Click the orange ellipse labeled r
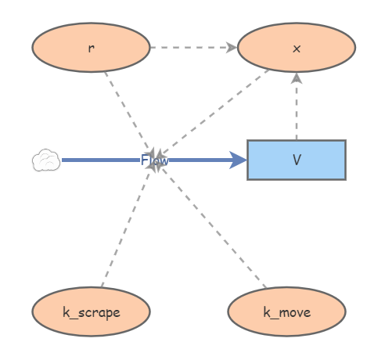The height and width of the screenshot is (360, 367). tap(91, 48)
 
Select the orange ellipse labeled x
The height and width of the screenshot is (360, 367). tap(297, 48)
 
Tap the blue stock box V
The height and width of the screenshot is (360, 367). tap(297, 160)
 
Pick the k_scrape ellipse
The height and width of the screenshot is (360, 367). tap(91, 311)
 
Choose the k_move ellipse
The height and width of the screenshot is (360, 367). tap(287, 311)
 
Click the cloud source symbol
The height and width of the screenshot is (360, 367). tap(46, 160)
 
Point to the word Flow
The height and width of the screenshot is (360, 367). tap(154, 160)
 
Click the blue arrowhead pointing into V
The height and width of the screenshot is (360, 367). tap(238, 160)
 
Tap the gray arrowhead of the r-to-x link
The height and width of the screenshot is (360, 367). tap(232, 48)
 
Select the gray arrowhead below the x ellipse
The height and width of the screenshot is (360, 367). tap(297, 78)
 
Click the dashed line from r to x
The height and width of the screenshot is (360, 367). tap(193, 48)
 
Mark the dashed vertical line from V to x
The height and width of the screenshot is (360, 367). tap(297, 106)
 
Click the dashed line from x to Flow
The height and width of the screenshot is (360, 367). tap(213, 112)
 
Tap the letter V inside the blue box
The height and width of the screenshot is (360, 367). tap(297, 160)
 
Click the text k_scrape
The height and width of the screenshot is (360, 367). tap(92, 312)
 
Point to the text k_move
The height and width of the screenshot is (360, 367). tap(287, 312)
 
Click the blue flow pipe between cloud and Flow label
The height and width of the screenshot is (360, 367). tap(101, 160)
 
